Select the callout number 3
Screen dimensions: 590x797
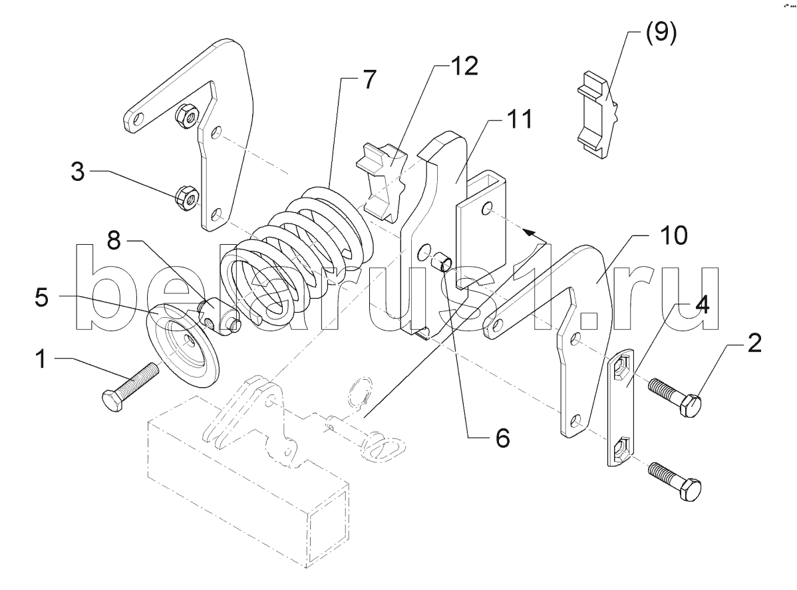(x=77, y=174)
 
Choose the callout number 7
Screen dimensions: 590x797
(x=369, y=79)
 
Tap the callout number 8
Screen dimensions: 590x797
(x=114, y=241)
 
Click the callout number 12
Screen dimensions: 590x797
(x=464, y=67)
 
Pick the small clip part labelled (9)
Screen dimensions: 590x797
(x=599, y=117)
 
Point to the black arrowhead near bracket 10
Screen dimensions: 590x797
(x=529, y=233)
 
